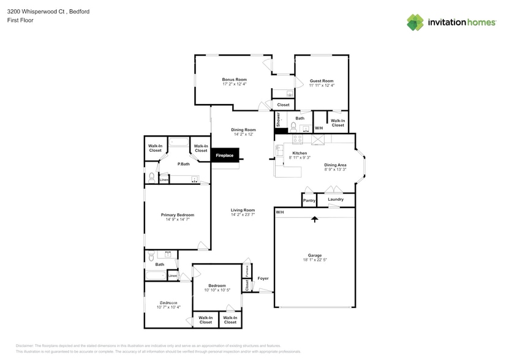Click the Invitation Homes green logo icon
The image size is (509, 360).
coord(415,22)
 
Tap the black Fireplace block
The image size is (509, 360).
coord(224,156)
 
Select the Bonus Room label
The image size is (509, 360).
coord(234,80)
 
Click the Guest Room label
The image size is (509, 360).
coord(322,81)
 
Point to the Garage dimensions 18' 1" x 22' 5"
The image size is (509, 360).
coord(315,260)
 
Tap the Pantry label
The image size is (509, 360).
coord(309,200)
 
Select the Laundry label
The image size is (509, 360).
coord(335,199)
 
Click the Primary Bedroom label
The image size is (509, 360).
coord(177,215)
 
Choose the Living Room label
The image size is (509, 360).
coord(243,210)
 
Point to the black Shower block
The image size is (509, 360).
coord(277,120)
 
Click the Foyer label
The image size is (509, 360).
coord(263,278)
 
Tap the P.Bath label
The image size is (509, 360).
coord(183,164)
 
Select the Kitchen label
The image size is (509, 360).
coord(299,153)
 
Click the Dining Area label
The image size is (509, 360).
coord(335,165)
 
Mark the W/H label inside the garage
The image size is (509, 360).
coord(279,212)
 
